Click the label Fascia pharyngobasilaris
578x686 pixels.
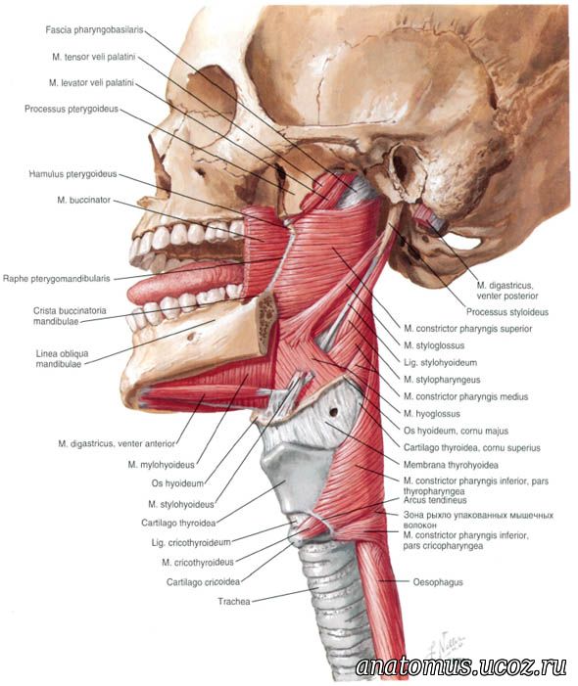click(94, 30)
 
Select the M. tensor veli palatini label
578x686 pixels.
click(94, 57)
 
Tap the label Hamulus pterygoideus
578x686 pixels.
click(72, 174)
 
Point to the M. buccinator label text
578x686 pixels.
click(83, 200)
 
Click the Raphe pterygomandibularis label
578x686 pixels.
click(57, 279)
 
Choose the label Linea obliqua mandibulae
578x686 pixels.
click(62, 358)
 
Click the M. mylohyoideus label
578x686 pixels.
click(161, 464)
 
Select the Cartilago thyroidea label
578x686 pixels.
click(178, 523)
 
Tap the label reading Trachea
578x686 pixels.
click(234, 602)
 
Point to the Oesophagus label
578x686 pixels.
click(438, 582)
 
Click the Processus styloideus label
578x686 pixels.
click(507, 312)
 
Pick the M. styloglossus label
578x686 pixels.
click(434, 345)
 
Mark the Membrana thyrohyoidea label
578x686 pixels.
click(451, 465)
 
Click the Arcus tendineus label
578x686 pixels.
click(435, 500)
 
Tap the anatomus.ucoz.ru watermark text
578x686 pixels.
click(461, 666)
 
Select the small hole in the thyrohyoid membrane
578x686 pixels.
click(334, 412)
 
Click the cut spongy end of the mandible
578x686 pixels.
click(265, 323)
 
